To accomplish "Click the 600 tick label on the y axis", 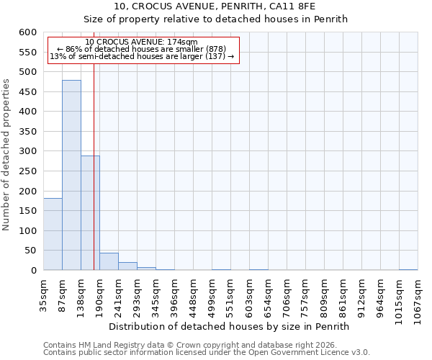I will tap(28, 32).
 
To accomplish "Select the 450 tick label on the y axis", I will tap(28, 92).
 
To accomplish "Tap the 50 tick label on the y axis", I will tap(31, 251).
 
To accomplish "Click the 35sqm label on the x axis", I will tap(44, 293).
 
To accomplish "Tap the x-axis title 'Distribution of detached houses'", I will tap(233, 326).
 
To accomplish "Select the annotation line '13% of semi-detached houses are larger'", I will tap(142, 56).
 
